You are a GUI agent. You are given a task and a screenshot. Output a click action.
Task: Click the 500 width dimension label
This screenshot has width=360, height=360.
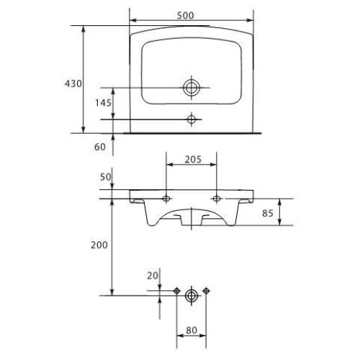coord(185,15)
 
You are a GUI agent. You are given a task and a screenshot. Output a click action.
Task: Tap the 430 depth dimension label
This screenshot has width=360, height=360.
coord(73,84)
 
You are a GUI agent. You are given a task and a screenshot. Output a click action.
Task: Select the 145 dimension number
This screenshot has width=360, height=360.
coord(103,103)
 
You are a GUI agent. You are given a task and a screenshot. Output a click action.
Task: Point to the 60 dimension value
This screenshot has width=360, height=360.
coord(100,147)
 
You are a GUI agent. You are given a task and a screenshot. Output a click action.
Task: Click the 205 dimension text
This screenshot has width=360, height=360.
coord(193,159)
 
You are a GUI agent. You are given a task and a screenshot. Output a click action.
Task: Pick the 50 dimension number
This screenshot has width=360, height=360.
coord(106,177)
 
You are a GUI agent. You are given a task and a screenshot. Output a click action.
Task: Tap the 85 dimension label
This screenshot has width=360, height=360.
coord(268,213)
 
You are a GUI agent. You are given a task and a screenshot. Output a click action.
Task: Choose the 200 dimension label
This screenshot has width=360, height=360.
coord(99,245)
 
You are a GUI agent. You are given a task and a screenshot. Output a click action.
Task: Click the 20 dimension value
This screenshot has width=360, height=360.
coord(153,276)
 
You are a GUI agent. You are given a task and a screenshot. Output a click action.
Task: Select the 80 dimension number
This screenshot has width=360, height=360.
coord(192,330)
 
